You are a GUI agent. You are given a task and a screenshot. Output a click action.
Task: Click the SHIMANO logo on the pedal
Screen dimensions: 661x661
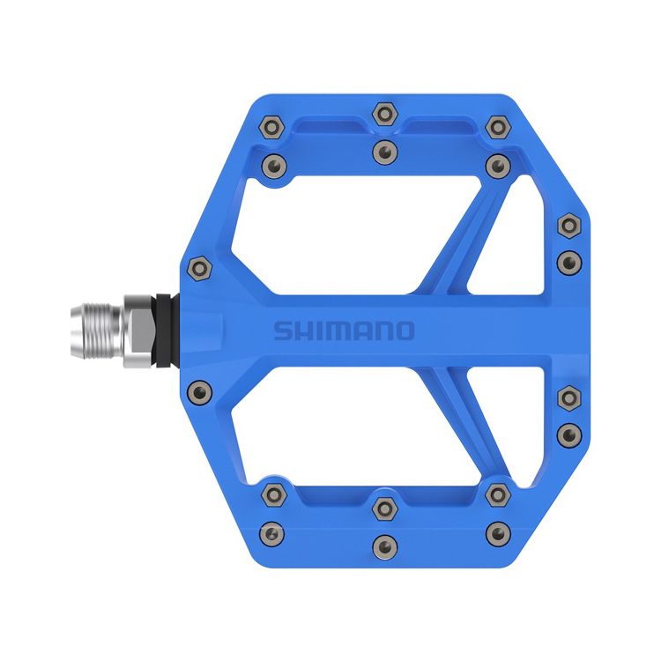(x=343, y=330)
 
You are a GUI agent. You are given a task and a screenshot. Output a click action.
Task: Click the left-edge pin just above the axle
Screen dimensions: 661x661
(x=199, y=265)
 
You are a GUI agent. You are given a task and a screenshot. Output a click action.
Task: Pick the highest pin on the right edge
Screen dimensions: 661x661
(x=568, y=227)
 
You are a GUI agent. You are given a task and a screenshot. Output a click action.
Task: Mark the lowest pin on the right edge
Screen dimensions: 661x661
(x=568, y=433)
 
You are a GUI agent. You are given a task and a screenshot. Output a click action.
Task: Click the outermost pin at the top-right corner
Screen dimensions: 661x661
(x=498, y=127)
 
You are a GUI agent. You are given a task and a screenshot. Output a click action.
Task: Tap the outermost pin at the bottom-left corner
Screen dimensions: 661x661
(x=273, y=532)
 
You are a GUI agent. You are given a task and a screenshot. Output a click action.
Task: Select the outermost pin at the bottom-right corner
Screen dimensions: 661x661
(x=499, y=532)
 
